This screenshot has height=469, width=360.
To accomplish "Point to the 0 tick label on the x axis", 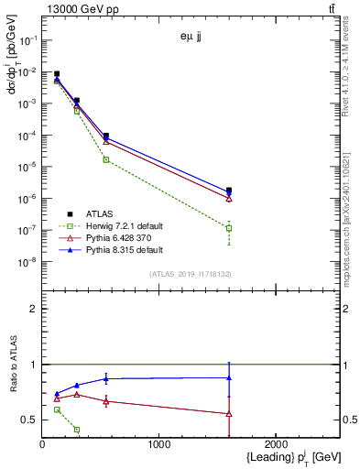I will coord(42,443).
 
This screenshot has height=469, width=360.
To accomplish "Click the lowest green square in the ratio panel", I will coord(76,429).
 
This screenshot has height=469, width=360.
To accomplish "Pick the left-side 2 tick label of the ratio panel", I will coord(33,309).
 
